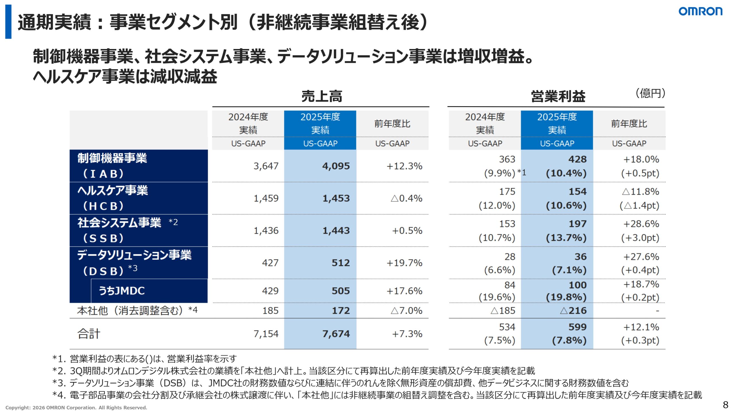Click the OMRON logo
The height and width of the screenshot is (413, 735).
(700, 11)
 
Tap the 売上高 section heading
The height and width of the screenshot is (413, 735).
(322, 96)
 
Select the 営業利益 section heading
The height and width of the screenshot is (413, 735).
(558, 96)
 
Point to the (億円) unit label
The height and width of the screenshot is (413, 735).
(650, 93)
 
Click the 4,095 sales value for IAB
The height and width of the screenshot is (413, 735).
(336, 166)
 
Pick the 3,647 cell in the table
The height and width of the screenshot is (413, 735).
(266, 166)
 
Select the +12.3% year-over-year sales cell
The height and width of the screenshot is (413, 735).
(404, 166)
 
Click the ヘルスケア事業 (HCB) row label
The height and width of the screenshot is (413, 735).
(113, 198)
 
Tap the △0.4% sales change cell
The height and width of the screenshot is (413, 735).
(407, 198)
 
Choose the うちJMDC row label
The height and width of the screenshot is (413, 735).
(122, 291)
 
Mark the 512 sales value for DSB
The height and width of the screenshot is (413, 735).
(341, 263)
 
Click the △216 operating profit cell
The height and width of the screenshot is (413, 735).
(573, 311)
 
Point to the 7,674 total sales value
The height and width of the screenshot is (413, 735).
(336, 334)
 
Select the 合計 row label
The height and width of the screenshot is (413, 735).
(89, 334)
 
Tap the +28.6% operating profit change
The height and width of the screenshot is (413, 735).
(641, 224)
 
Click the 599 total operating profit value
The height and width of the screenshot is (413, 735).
(578, 327)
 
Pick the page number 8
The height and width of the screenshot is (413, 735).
(726, 405)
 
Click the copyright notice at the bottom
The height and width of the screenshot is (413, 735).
(76, 408)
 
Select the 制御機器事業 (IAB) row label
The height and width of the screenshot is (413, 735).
(112, 166)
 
